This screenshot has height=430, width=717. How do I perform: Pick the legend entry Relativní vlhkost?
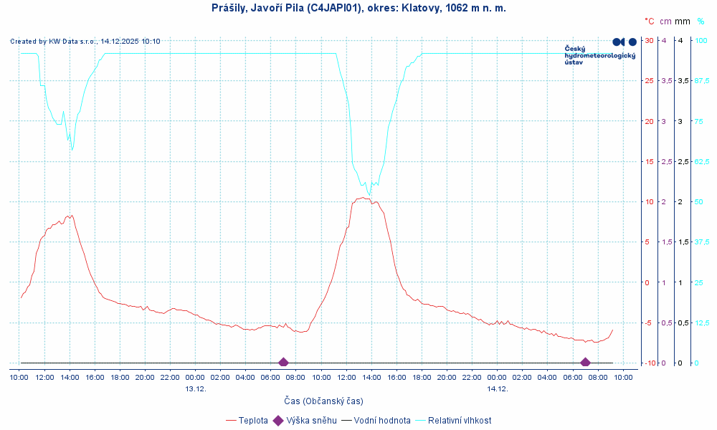[460, 421]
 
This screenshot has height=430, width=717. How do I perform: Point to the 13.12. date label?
[196, 388]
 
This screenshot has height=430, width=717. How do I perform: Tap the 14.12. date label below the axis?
[498, 388]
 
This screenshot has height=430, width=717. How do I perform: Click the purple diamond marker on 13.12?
[283, 363]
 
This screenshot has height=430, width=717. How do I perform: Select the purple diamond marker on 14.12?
[585, 363]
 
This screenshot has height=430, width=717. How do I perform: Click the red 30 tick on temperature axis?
[649, 40]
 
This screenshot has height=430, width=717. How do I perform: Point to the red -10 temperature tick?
[648, 363]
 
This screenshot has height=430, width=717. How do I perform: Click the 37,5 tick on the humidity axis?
[702, 242]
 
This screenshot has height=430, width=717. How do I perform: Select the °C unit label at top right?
[649, 21]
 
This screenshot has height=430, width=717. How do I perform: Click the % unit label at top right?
[701, 21]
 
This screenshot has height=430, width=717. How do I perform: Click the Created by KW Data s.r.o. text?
[85, 42]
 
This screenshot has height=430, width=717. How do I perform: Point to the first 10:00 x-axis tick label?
[19, 377]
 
